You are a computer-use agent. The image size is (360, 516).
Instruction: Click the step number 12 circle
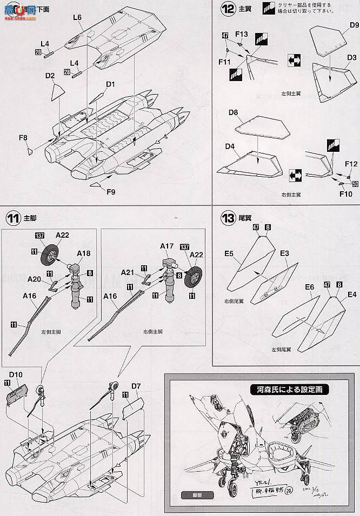(229, 9)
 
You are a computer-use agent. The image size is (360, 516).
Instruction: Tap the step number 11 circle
(12, 218)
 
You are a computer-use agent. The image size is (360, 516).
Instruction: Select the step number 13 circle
(229, 218)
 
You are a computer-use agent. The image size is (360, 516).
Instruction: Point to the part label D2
(50, 76)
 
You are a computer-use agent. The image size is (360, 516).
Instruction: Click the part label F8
(23, 138)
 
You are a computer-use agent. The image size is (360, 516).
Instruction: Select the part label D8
(234, 112)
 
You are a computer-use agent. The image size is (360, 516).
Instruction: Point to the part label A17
(166, 246)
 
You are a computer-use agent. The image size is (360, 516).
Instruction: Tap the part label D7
(136, 386)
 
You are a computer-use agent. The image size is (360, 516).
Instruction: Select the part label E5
(229, 252)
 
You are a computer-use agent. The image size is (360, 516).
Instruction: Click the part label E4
(352, 294)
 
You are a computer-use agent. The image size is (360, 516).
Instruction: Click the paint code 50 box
(355, 184)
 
